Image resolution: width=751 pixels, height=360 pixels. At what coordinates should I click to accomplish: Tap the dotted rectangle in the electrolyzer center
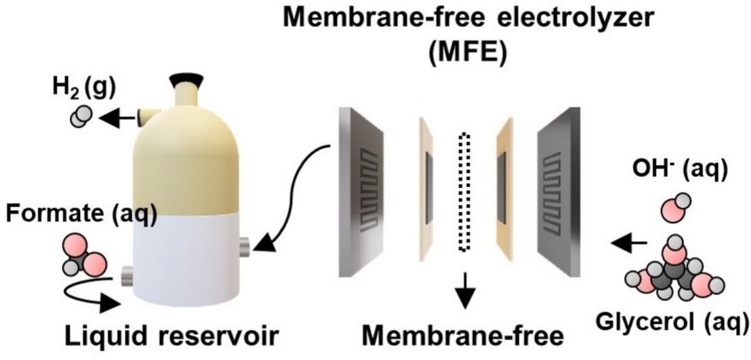coord(464,193)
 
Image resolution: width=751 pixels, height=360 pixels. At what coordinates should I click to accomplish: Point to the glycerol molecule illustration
coord(674,272)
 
